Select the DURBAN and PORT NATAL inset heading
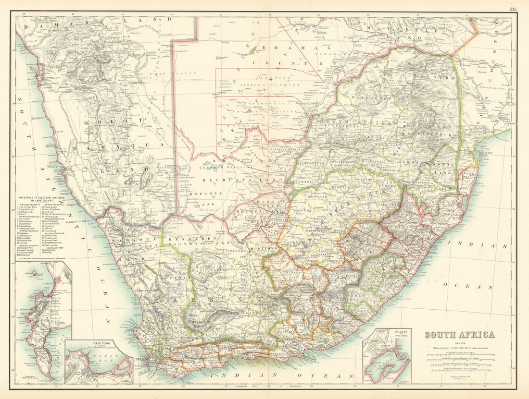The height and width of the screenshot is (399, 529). [387, 333]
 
